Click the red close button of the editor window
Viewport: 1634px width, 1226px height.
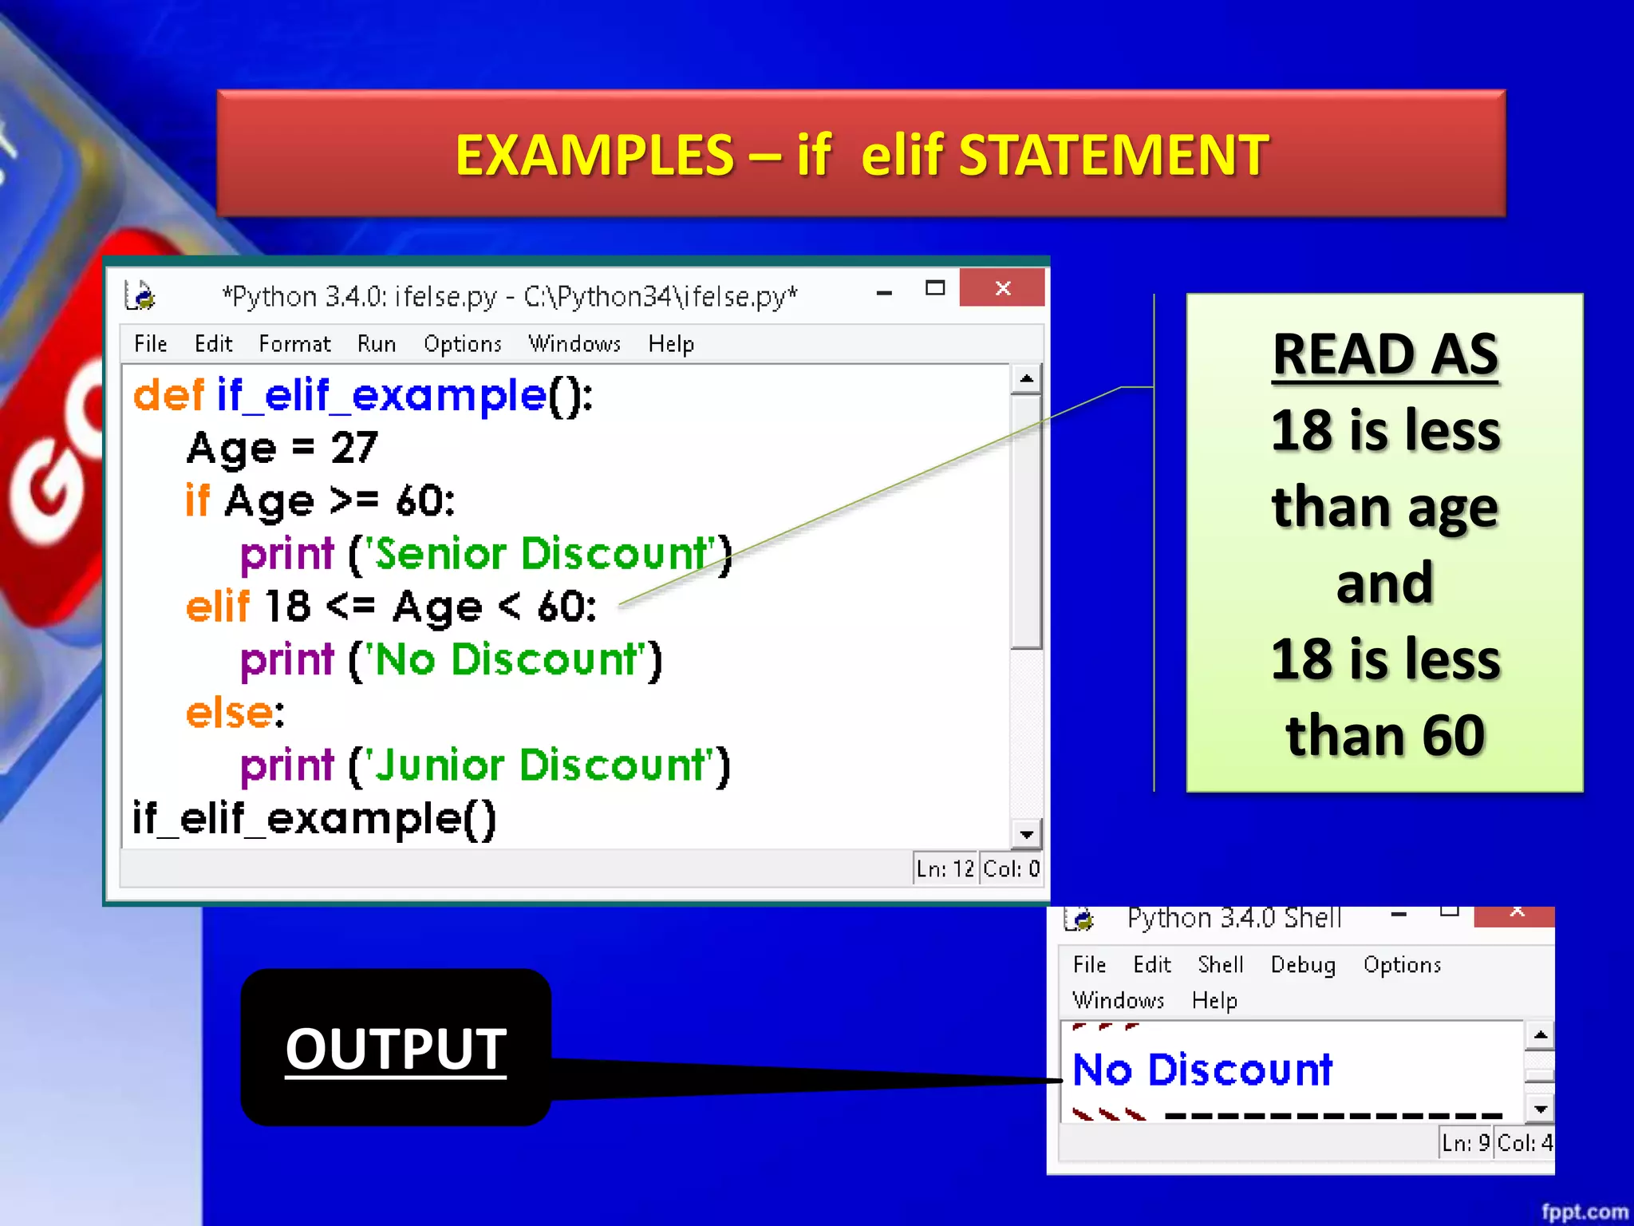[x=1002, y=288]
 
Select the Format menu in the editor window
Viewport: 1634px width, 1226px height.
[x=294, y=344]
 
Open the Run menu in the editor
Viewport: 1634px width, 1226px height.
[x=376, y=344]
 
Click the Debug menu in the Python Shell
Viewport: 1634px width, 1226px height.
[x=1302, y=965]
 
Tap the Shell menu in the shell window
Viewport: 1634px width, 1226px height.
[x=1220, y=965]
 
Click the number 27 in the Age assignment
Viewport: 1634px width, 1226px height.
[x=354, y=448]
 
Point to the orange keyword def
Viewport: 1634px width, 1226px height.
[x=168, y=395]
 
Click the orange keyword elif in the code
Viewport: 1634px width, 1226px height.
[x=217, y=607]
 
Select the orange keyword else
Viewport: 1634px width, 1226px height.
[x=230, y=713]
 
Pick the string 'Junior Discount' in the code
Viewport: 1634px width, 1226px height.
[x=539, y=765]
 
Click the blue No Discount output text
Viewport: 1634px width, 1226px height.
[x=1202, y=1070]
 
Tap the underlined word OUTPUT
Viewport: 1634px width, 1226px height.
[x=396, y=1049]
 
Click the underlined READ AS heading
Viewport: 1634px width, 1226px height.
[x=1385, y=354]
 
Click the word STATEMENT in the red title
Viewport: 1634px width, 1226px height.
[x=1113, y=155]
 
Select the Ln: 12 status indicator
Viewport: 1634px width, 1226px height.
[x=945, y=868]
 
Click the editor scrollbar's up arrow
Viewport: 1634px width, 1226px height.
[x=1026, y=379]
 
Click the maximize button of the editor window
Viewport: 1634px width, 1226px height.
[x=935, y=289]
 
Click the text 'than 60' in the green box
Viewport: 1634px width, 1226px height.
[x=1385, y=736]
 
